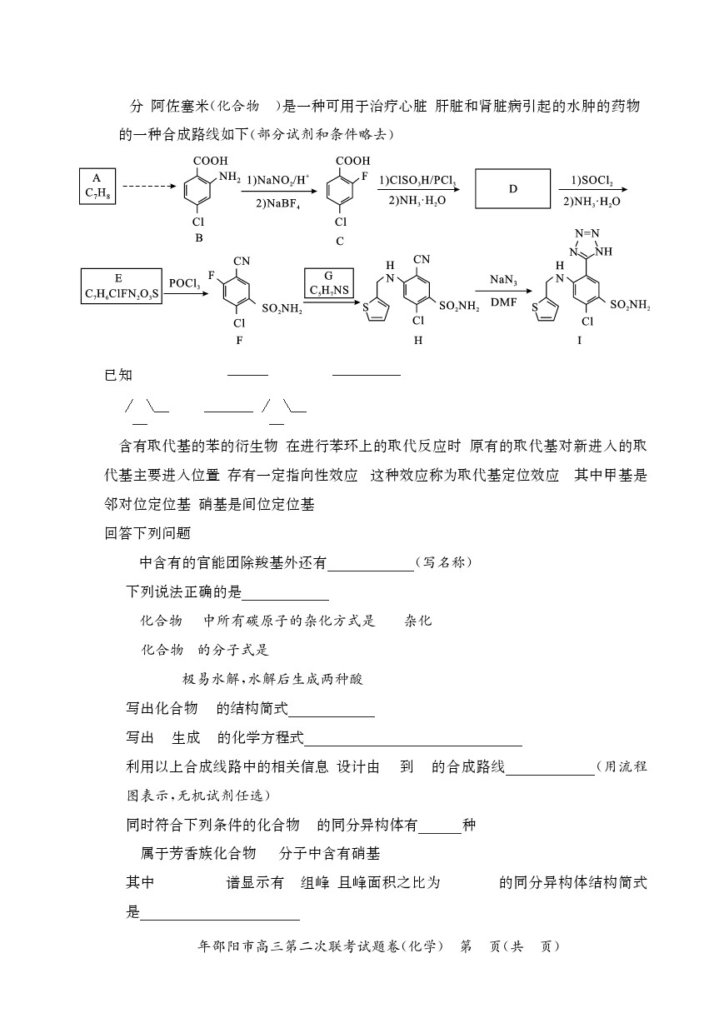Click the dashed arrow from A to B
click(x=149, y=186)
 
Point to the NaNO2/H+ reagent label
click(x=278, y=180)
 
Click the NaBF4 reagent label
click(x=277, y=203)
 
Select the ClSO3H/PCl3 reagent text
click(x=417, y=181)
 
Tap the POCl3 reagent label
click(x=184, y=283)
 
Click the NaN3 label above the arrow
click(x=503, y=280)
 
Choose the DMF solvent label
click(x=503, y=302)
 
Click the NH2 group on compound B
click(x=230, y=177)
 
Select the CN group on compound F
click(x=242, y=261)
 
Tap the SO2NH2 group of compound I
click(x=630, y=305)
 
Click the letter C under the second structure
click(x=340, y=241)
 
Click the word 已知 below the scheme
click(x=118, y=375)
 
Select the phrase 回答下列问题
click(x=147, y=533)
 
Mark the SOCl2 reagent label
click(x=592, y=181)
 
